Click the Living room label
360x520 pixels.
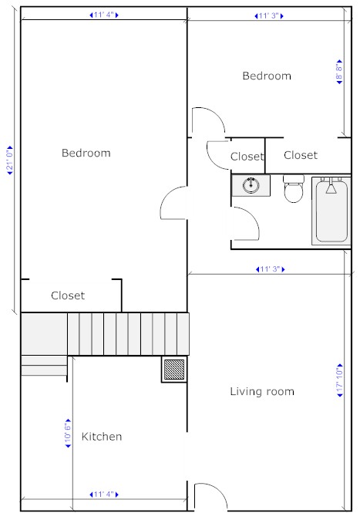point(262,391)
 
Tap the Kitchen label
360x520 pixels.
point(102,437)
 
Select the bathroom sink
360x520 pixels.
point(251,185)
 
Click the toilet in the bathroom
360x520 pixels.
point(294,189)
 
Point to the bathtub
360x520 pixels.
point(331,211)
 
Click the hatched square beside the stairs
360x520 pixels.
point(174,369)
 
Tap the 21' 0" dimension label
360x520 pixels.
point(10,160)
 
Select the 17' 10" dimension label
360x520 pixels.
point(340,380)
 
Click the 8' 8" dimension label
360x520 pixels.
point(339,72)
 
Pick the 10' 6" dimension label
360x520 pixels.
point(68,434)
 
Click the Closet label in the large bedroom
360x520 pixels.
point(68,295)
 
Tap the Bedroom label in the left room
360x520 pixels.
point(86,153)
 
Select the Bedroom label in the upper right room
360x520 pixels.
point(267,76)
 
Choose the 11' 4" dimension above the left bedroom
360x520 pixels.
point(104,15)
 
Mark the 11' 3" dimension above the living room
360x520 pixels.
point(271,269)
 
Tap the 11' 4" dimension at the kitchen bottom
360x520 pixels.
point(104,495)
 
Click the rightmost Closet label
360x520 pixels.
point(301,155)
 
